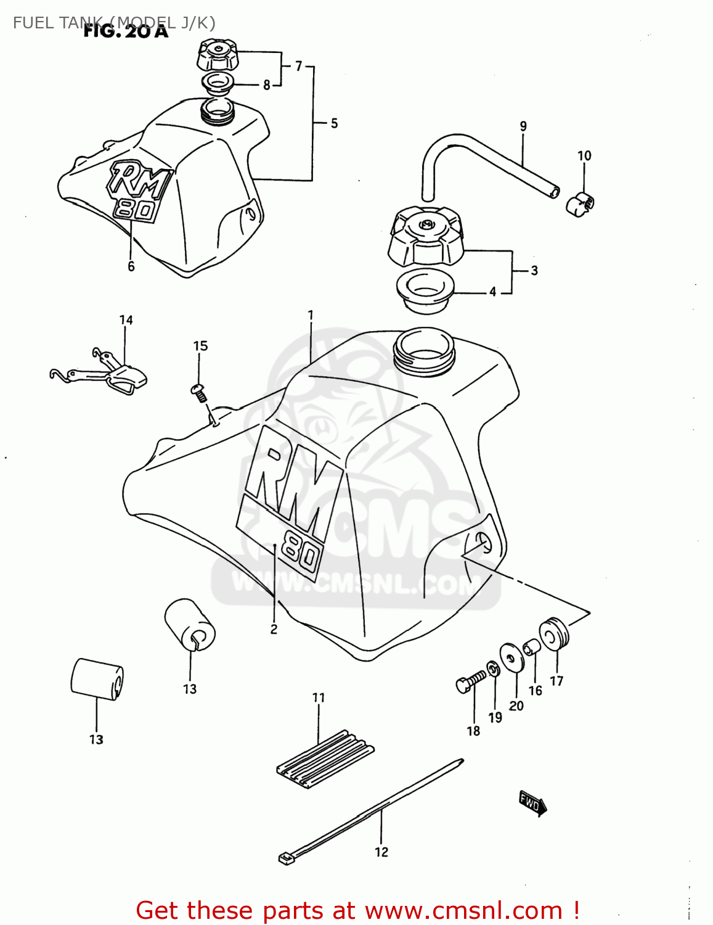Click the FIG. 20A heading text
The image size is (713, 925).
(x=126, y=31)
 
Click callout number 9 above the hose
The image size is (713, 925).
(x=523, y=126)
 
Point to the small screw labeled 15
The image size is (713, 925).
(x=198, y=392)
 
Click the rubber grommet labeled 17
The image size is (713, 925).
(x=554, y=633)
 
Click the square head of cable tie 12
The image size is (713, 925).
(x=285, y=857)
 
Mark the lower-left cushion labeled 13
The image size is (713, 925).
(x=97, y=679)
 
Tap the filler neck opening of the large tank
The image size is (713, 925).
(x=424, y=349)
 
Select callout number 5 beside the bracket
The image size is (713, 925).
(x=334, y=123)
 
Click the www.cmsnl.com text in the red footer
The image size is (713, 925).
(x=463, y=910)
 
